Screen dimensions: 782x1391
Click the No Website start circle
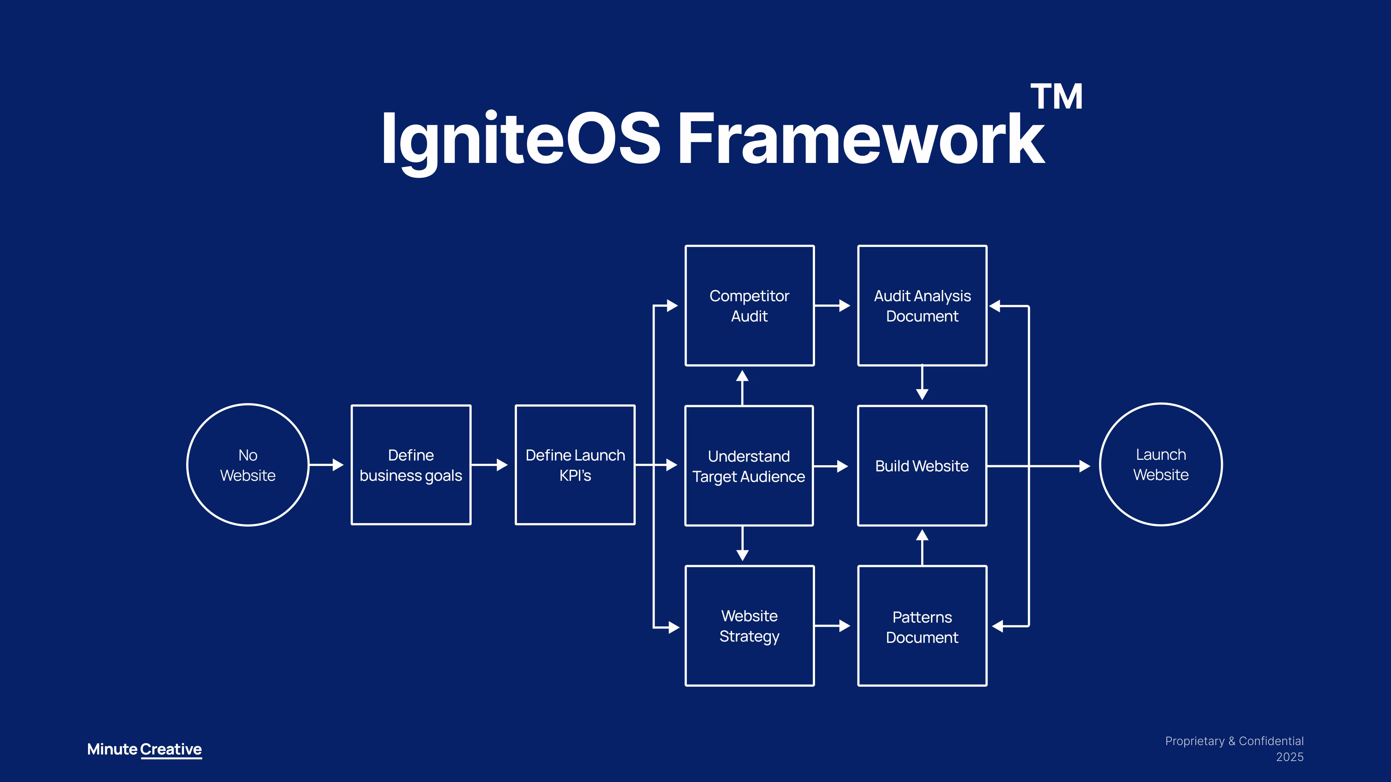pyautogui.click(x=248, y=464)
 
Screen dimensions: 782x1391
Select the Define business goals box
pyautogui.click(x=411, y=464)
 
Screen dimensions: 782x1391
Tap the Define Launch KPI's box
pyautogui.click(x=575, y=464)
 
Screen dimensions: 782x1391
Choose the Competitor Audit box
pyautogui.click(x=749, y=306)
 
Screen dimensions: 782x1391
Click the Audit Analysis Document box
pyautogui.click(x=922, y=306)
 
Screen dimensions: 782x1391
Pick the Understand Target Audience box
pyautogui.click(x=749, y=466)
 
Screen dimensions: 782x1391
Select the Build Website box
pyautogui.click(x=922, y=466)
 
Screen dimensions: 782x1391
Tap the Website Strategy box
pyautogui.click(x=749, y=626)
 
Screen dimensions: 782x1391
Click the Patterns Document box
pyautogui.click(x=922, y=626)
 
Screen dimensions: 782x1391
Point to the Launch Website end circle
pyautogui.click(x=1161, y=464)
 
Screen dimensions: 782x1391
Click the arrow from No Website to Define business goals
pyautogui.click(x=327, y=464)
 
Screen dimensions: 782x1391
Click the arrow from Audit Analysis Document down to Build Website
pyautogui.click(x=922, y=383)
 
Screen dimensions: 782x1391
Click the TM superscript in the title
pyautogui.click(x=1056, y=97)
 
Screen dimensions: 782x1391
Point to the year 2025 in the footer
pyautogui.click(x=1290, y=757)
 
